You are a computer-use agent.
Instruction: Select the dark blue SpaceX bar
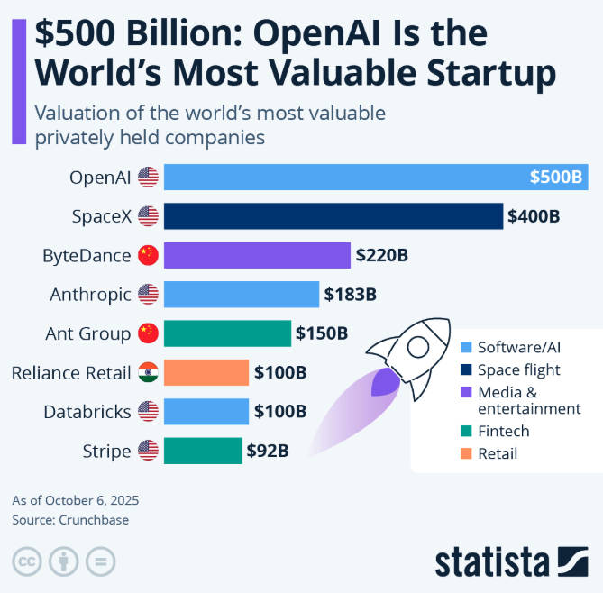pyautogui.click(x=333, y=216)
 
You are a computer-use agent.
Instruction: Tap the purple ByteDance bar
pyautogui.click(x=257, y=255)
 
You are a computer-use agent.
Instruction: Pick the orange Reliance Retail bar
pyautogui.click(x=206, y=372)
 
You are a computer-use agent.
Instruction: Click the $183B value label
pyautogui.click(x=350, y=294)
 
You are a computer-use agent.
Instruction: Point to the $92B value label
pyautogui.click(x=268, y=451)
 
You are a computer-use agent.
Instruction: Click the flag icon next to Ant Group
pyautogui.click(x=148, y=333)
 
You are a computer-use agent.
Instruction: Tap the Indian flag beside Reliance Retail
pyautogui.click(x=148, y=372)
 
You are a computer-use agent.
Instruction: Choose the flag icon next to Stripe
pyautogui.click(x=148, y=451)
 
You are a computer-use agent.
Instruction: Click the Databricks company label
pyautogui.click(x=88, y=412)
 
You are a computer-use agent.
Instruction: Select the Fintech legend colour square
pyautogui.click(x=466, y=432)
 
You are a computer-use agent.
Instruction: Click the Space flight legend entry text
pyautogui.click(x=518, y=369)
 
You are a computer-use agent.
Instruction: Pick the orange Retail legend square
pyautogui.click(x=466, y=453)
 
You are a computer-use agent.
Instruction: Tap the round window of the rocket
pyautogui.click(x=417, y=345)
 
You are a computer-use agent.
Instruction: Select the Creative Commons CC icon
pyautogui.click(x=26, y=560)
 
